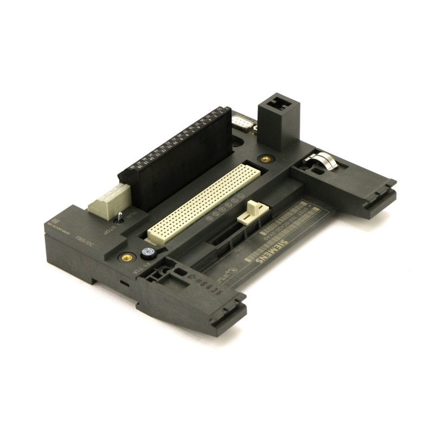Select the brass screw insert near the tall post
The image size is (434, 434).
click(265, 159)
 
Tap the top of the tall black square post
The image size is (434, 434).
click(279, 102)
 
